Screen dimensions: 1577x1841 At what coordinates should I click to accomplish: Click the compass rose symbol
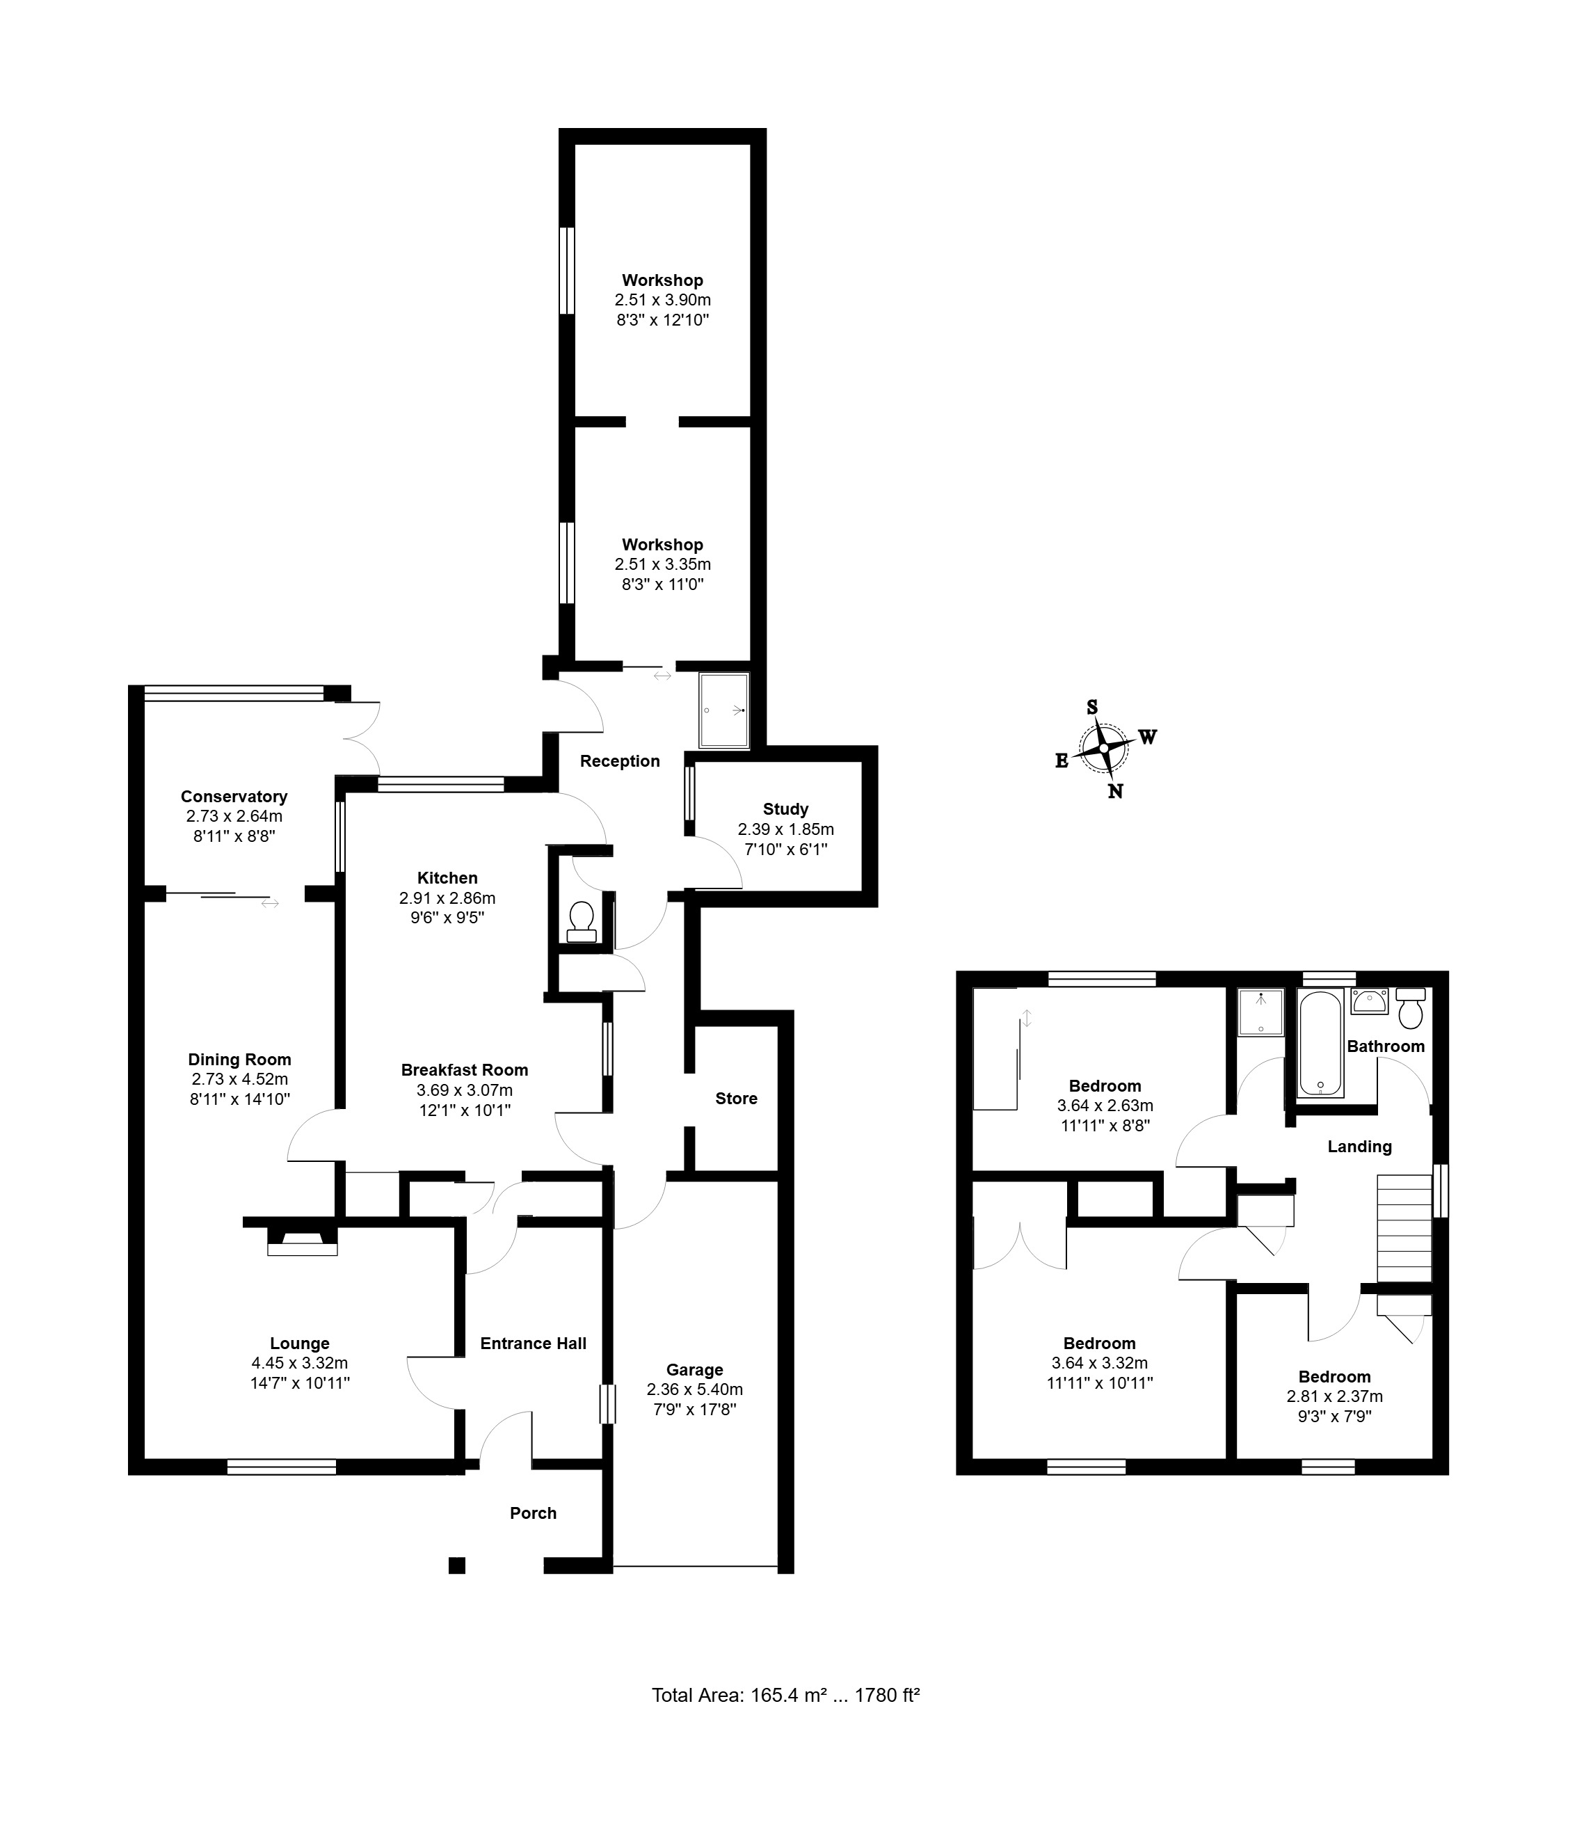tap(1103, 748)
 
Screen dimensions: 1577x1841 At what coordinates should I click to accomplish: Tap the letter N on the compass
tap(1115, 791)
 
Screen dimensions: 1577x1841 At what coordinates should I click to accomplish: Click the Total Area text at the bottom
tap(785, 1694)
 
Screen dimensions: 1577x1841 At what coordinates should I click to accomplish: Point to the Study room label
tap(785, 808)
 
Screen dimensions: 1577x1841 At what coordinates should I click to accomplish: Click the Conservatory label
tap(234, 796)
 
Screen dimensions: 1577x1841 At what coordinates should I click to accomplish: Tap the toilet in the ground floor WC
tap(582, 921)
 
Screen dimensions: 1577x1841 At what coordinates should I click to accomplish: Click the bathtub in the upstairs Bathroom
tap(1321, 1044)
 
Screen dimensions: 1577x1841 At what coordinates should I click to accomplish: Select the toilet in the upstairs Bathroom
tap(1411, 1008)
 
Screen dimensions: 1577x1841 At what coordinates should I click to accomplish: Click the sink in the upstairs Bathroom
tap(1369, 1001)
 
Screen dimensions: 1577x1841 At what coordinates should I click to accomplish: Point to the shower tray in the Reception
tap(724, 710)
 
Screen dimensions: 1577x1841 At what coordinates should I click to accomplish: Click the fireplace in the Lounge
tap(302, 1241)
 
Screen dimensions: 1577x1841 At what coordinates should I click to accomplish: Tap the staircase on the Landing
tap(1404, 1228)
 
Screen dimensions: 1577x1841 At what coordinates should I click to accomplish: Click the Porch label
tap(533, 1513)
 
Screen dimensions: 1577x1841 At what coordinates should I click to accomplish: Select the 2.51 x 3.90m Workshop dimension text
tap(663, 301)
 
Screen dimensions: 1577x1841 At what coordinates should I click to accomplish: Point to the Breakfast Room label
tap(465, 1070)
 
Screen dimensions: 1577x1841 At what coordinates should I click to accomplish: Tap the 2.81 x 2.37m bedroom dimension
tap(1334, 1396)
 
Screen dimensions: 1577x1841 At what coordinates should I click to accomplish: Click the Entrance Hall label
tap(533, 1344)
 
